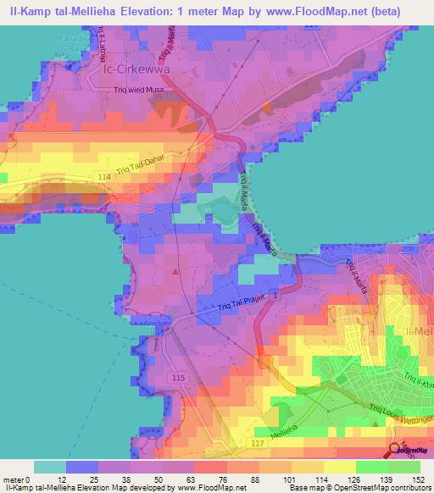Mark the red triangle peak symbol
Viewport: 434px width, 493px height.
tap(175, 272)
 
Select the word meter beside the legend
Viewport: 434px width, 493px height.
tap(14, 480)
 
